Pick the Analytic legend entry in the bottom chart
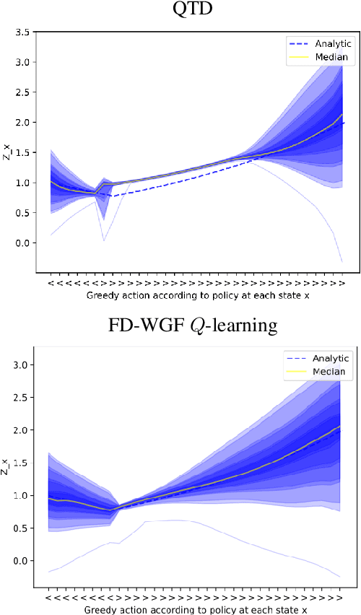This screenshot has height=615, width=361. pos(321,358)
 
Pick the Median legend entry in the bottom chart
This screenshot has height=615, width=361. pos(321,372)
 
